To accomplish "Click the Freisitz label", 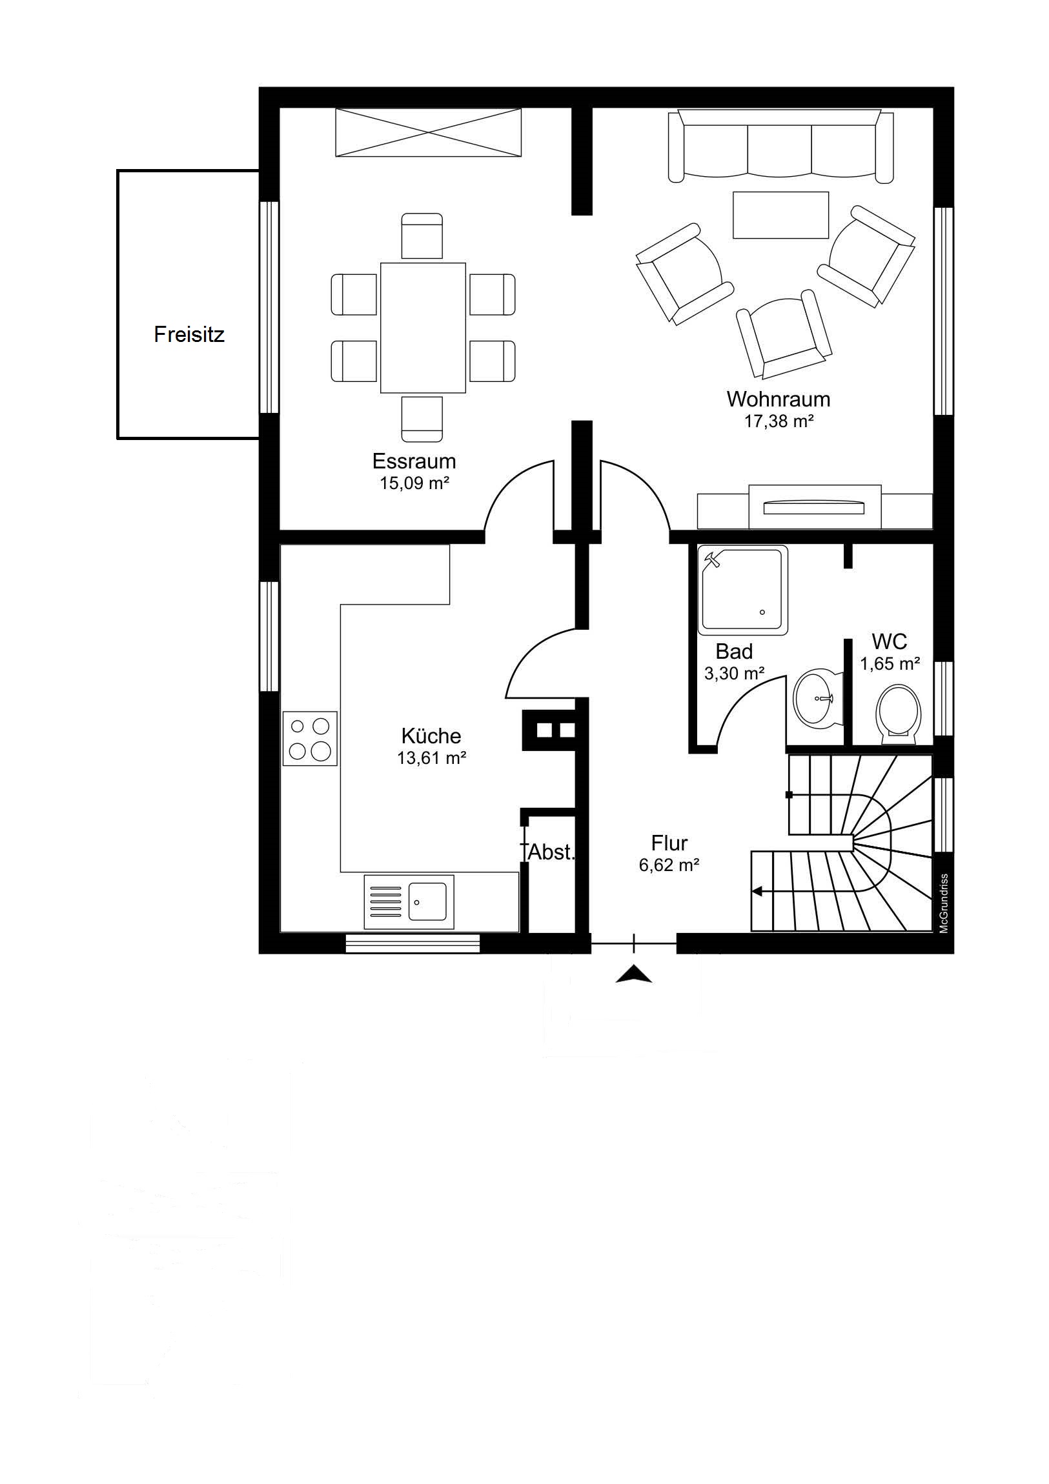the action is coord(189,334).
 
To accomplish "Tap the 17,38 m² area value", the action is coord(778,421).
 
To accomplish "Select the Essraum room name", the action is coord(414,461).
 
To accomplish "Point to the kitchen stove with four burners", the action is coord(310,738).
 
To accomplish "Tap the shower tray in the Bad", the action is coord(743,589).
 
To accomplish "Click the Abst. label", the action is coord(552,852).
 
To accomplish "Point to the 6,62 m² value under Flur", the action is coord(669,865).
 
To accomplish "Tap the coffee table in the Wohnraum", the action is coord(780,216).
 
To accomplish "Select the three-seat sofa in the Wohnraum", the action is coord(780,145).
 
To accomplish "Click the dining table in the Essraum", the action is coord(423,328).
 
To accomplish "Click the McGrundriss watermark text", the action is coord(944,903).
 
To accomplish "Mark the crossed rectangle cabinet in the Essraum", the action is coord(428,132).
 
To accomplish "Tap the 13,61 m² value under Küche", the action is coord(431,757).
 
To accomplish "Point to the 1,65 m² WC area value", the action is coord(890,663).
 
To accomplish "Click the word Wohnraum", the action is coord(778,399).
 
